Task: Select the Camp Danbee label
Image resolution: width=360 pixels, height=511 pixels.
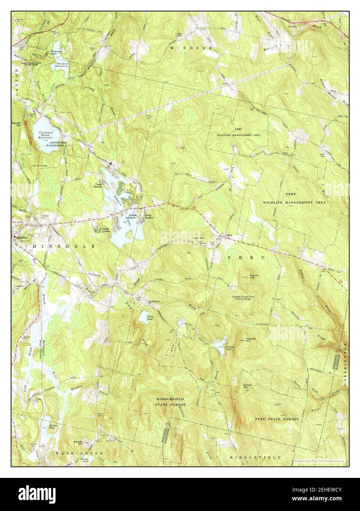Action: coord(149,217)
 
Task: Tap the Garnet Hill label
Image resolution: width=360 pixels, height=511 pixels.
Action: coord(247,386)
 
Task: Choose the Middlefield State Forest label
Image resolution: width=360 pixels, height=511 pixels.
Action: coord(170,401)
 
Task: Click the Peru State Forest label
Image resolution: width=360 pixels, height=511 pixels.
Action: coord(276,419)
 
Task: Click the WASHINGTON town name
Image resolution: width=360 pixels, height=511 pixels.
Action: coord(79,454)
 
